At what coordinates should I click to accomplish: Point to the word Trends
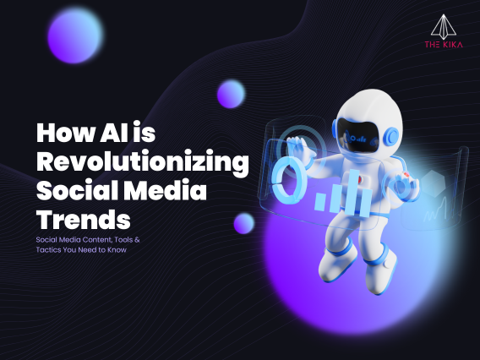click(x=84, y=218)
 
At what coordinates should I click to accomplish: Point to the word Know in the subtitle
click(x=117, y=250)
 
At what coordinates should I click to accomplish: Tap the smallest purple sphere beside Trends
click(x=244, y=223)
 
